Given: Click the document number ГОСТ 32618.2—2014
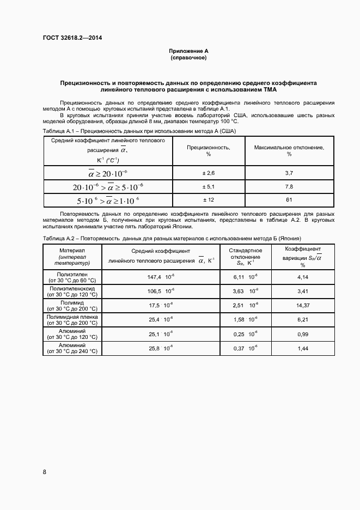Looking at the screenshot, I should (x=72, y=38).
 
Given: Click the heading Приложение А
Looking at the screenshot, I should (x=188, y=51).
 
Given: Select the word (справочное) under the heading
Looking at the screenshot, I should (x=188, y=58).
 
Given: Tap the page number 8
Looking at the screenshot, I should (x=44, y=471).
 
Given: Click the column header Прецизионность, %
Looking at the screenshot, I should (x=208, y=150).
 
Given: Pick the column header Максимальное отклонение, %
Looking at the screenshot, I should (x=289, y=150).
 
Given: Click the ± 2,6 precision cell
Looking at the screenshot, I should (x=209, y=173).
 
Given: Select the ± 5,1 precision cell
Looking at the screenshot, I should (x=209, y=187).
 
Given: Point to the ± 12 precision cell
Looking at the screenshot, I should (x=209, y=200).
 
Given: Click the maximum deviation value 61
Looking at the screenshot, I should (x=289, y=200).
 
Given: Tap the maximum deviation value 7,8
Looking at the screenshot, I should (x=289, y=187).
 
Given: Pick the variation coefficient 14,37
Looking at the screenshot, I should (x=303, y=305).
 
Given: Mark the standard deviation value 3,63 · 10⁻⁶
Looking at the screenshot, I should (x=246, y=291).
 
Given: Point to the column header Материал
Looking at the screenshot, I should (x=72, y=250).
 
